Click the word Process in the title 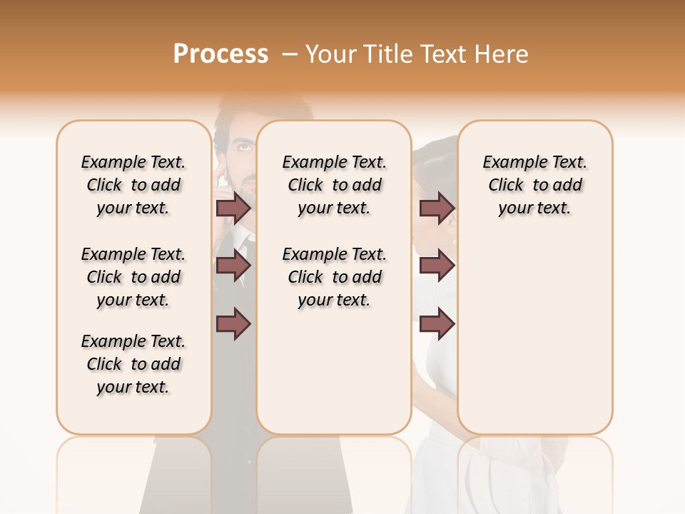(220, 54)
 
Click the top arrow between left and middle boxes (233, 208)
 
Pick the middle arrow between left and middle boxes (233, 266)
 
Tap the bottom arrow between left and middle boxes (233, 324)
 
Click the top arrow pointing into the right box (437, 208)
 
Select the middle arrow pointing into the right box (437, 266)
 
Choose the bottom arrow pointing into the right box (437, 324)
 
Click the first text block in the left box (133, 185)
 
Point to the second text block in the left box (133, 277)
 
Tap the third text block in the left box (133, 364)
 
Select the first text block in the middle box (334, 185)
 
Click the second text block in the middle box (334, 277)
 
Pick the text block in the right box (534, 185)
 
